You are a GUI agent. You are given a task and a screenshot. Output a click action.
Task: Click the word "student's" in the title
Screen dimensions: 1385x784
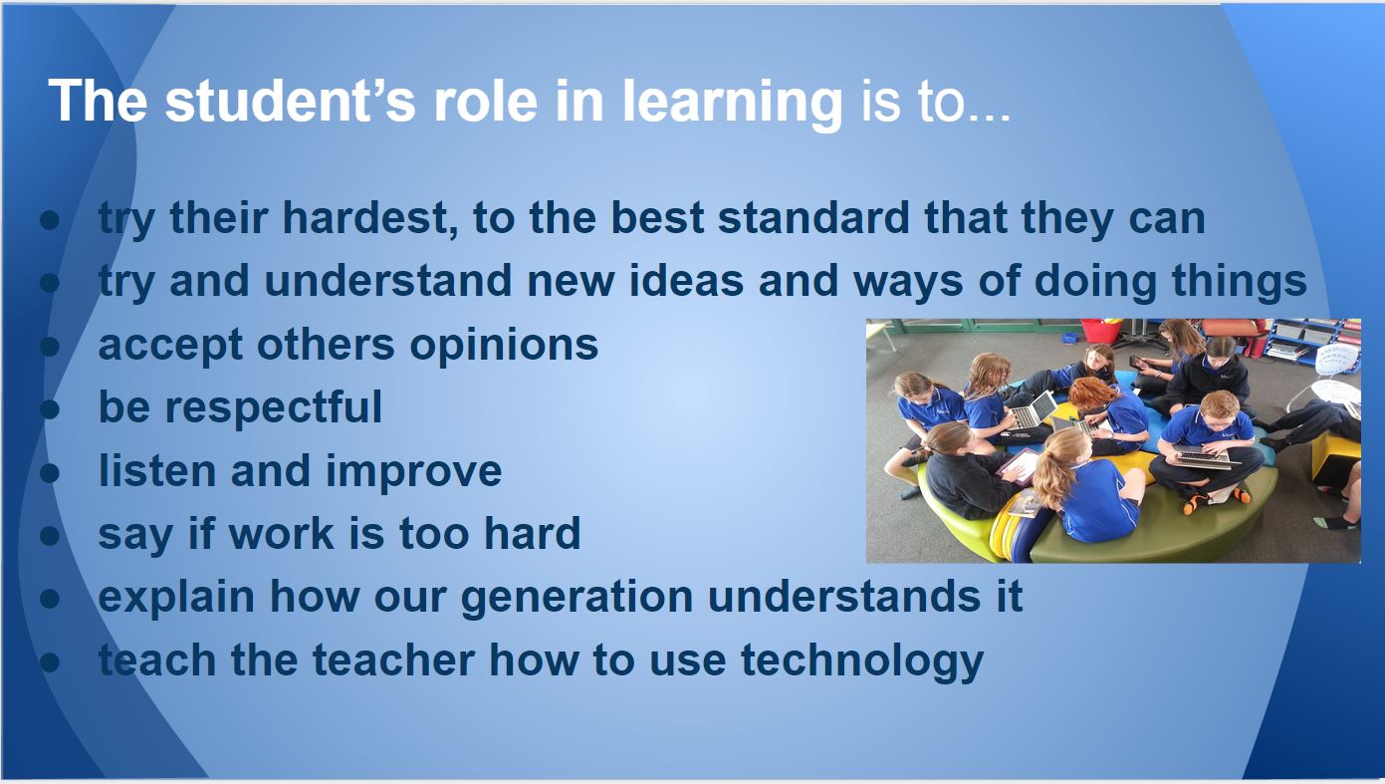(290, 101)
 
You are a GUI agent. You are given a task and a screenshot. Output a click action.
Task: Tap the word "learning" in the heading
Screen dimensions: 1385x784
(732, 104)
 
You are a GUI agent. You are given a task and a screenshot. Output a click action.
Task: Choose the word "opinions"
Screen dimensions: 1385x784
(504, 347)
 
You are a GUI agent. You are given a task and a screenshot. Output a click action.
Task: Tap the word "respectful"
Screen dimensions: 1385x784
(274, 409)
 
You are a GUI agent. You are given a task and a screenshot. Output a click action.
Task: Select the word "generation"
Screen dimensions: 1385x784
(577, 599)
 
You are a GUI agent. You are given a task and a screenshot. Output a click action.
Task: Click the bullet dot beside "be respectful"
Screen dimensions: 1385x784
(50, 409)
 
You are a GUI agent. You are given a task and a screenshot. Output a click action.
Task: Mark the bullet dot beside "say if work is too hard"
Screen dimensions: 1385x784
(50, 535)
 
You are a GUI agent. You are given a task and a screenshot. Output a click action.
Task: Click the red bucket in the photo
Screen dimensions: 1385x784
(1100, 331)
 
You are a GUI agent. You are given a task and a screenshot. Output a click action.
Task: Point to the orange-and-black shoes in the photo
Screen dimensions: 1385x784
(1216, 498)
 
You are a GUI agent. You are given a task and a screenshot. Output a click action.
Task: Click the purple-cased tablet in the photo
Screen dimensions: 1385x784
(1018, 466)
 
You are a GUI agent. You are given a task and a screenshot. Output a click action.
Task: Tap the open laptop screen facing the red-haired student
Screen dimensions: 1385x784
(1044, 405)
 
